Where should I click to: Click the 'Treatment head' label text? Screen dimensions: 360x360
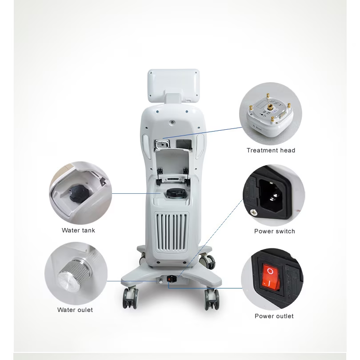(271, 150)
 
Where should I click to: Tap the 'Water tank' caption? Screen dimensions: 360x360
(78, 230)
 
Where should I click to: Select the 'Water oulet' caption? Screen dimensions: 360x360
(75, 310)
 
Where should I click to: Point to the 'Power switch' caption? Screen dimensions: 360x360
(275, 231)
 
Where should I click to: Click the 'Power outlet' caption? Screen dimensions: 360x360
(274, 316)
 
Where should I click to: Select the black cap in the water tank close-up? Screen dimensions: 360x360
(79, 194)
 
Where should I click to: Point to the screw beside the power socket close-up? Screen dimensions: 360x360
(254, 212)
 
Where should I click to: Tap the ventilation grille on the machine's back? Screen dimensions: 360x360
(172, 232)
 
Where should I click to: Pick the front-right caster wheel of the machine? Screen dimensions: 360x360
(212, 299)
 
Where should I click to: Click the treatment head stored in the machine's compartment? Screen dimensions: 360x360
(162, 144)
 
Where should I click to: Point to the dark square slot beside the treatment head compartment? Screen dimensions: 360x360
(184, 144)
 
